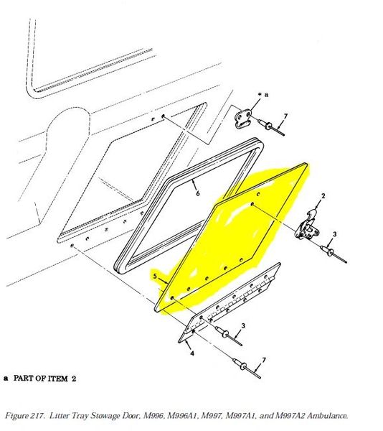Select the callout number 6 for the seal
click(x=198, y=193)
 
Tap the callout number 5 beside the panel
click(x=156, y=276)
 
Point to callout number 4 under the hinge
click(x=192, y=353)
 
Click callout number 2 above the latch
click(x=323, y=195)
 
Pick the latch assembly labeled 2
click(x=307, y=226)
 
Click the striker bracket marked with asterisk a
click(x=243, y=119)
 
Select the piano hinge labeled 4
click(x=229, y=302)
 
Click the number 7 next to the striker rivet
click(x=285, y=116)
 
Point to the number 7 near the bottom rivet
click(x=264, y=360)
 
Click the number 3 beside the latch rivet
click(x=334, y=234)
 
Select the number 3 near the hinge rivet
click(x=243, y=325)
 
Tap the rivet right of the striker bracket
click(x=271, y=128)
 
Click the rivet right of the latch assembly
click(x=334, y=254)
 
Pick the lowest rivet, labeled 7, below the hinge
click(x=247, y=369)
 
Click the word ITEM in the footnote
click(x=58, y=379)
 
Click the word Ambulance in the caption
click(x=327, y=415)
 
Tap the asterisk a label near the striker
click(x=263, y=95)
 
